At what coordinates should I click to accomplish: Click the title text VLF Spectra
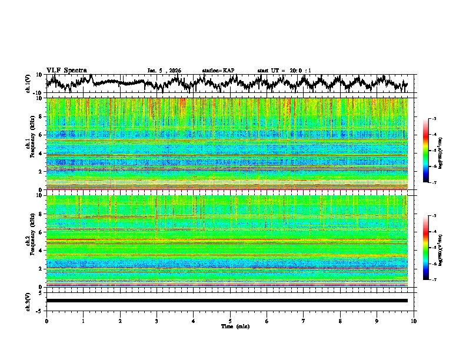click(66, 70)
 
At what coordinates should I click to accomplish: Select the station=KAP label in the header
click(218, 71)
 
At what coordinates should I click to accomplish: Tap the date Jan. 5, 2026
click(164, 71)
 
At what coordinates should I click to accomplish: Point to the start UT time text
click(284, 71)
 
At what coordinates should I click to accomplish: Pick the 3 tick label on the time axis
click(157, 321)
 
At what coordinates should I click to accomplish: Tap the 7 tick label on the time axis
click(304, 321)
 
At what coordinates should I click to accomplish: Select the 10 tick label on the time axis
click(414, 321)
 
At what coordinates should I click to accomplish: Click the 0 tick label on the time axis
click(46, 321)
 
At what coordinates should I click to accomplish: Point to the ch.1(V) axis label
click(28, 83)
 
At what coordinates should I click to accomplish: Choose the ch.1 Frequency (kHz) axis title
click(29, 144)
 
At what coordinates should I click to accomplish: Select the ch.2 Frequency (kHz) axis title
click(29, 240)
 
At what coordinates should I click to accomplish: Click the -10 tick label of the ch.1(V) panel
click(37, 93)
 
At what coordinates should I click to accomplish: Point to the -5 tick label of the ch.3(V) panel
click(38, 309)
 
